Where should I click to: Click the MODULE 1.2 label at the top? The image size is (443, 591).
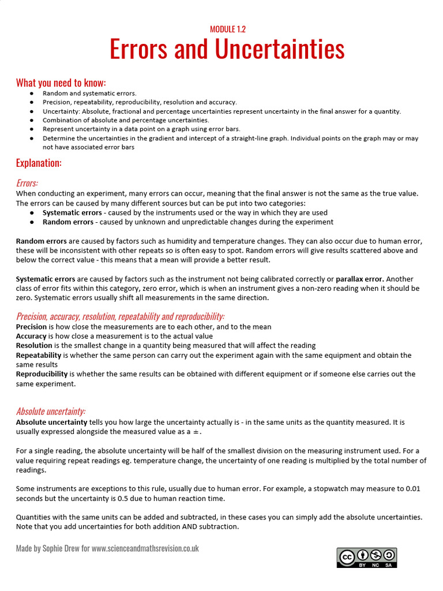click(x=227, y=29)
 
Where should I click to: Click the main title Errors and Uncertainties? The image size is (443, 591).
click(x=227, y=50)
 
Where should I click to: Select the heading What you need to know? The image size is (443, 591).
click(x=61, y=83)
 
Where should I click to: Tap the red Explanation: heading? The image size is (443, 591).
click(x=39, y=163)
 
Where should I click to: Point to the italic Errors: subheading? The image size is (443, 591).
click(x=27, y=183)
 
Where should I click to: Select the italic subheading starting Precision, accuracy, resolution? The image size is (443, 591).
click(x=120, y=316)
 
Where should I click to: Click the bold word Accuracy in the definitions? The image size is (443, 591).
click(x=31, y=336)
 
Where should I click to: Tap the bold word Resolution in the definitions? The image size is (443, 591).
click(x=34, y=345)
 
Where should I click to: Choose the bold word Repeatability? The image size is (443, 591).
click(x=39, y=355)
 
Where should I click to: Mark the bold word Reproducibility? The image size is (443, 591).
click(x=42, y=373)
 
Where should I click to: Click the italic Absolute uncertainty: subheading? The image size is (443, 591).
click(x=51, y=411)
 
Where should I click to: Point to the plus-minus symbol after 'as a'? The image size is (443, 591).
click(x=197, y=432)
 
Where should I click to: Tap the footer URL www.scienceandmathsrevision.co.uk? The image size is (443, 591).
click(x=145, y=548)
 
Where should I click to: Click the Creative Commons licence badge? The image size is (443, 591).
click(x=367, y=558)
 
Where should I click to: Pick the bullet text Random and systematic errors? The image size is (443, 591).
click(x=89, y=93)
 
